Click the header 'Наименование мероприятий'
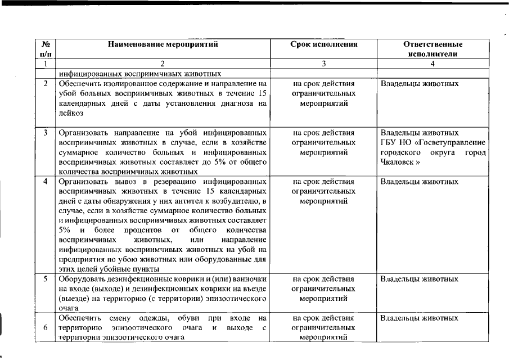click(x=162, y=44)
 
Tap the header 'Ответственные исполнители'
click(x=433, y=49)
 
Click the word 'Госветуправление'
click(x=454, y=143)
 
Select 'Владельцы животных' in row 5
click(x=419, y=279)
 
